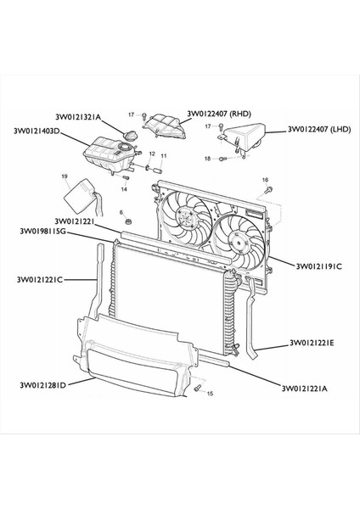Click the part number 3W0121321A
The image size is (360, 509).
pyautogui.click(x=79, y=117)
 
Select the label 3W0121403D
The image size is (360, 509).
pyautogui.click(x=37, y=131)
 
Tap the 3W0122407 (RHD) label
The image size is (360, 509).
pyautogui.click(x=219, y=114)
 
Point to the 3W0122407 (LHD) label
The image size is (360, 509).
pyautogui.click(x=319, y=129)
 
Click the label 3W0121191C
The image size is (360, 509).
pyautogui.click(x=318, y=266)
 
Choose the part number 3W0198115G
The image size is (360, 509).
pyautogui.click(x=43, y=231)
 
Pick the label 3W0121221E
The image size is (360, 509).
pyautogui.click(x=312, y=343)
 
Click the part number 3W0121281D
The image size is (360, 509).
pyautogui.click(x=43, y=385)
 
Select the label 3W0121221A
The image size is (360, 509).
pyautogui.click(x=305, y=389)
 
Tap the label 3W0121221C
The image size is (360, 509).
pyautogui.click(x=40, y=279)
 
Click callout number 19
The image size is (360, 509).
pyautogui.click(x=65, y=176)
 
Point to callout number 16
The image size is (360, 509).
pyautogui.click(x=265, y=180)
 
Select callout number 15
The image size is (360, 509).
pyautogui.click(x=210, y=394)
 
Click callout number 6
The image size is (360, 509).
pyautogui.click(x=121, y=213)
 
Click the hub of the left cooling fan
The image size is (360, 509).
pyautogui.click(x=186, y=216)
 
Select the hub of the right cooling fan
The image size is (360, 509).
pyautogui.click(x=240, y=243)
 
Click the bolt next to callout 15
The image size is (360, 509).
pyautogui.click(x=197, y=388)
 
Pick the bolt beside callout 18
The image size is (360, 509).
pyautogui.click(x=222, y=159)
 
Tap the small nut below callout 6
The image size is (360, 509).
pyautogui.click(x=129, y=221)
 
